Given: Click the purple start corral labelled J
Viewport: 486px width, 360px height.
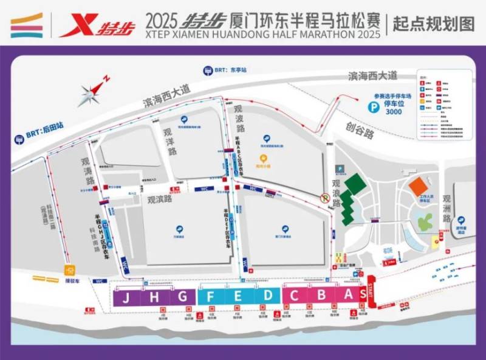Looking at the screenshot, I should pyautogui.click(x=126, y=297).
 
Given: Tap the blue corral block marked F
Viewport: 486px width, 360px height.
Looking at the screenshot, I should pyautogui.click(x=211, y=297).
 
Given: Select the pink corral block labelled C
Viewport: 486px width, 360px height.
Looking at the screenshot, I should pyautogui.click(x=294, y=297).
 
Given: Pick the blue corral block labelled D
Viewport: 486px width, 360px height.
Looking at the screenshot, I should pyautogui.click(x=267, y=297).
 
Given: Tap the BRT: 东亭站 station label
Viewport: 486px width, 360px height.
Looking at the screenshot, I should pyautogui.click(x=226, y=70).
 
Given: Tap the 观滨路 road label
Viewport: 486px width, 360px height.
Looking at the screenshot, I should pyautogui.click(x=160, y=199).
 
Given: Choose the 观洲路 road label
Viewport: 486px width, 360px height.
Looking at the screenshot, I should pyautogui.click(x=448, y=209).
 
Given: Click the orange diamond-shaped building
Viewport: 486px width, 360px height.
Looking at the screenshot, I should pyautogui.click(x=419, y=185).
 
